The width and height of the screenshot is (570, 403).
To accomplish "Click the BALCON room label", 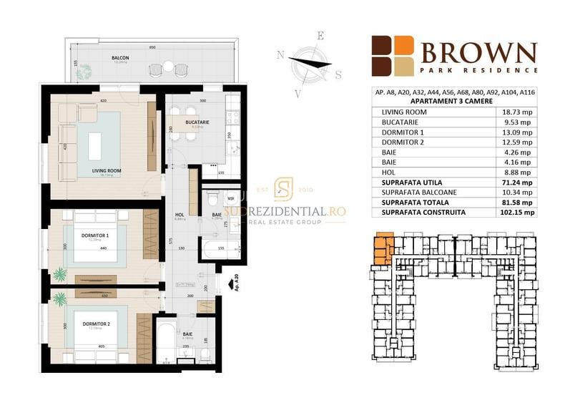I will [119, 57].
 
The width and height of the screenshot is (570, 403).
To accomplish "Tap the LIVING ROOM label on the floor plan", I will [105, 170].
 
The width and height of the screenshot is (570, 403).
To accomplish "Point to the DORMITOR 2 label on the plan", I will [96, 324].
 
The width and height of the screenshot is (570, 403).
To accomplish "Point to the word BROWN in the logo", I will [478, 53].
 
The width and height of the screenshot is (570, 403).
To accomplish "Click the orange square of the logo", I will [405, 45].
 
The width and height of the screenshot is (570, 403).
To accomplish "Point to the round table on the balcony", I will [168, 67].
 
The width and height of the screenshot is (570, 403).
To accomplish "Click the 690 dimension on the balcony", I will [152, 47].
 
